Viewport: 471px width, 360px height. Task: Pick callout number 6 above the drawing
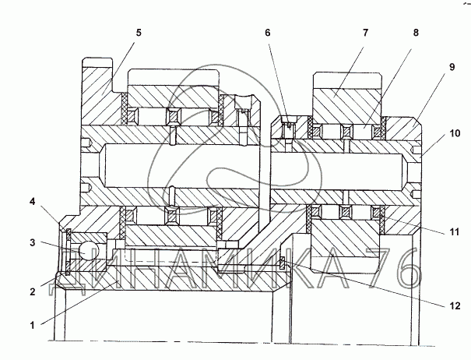[x=268, y=33]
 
